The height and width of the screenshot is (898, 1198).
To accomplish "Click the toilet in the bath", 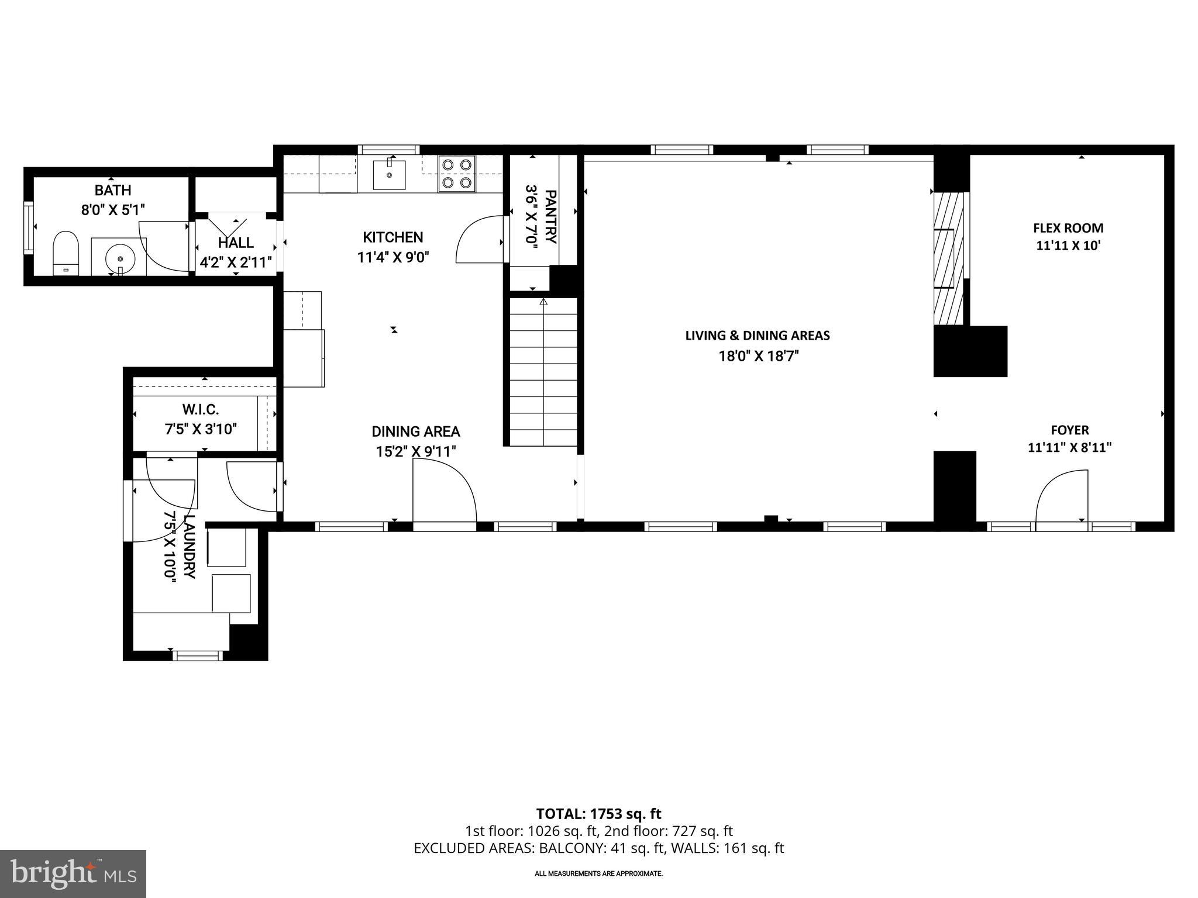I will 66,251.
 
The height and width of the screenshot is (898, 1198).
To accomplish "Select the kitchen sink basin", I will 389,174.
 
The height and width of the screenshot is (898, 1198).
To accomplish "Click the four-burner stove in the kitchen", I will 457,174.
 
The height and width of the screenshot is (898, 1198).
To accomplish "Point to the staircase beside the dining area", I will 543,372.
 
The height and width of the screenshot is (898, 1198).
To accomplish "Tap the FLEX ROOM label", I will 1068,228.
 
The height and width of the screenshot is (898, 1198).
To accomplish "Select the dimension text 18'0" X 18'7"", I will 758,356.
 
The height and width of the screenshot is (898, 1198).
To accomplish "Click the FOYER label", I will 1069,430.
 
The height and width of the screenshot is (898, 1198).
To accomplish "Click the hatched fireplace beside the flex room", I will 948,258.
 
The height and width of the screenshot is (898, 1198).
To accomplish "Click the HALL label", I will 236,243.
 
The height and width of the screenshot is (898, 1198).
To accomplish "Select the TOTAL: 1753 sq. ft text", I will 598,814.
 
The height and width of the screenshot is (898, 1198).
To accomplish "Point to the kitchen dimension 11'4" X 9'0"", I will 393,257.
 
